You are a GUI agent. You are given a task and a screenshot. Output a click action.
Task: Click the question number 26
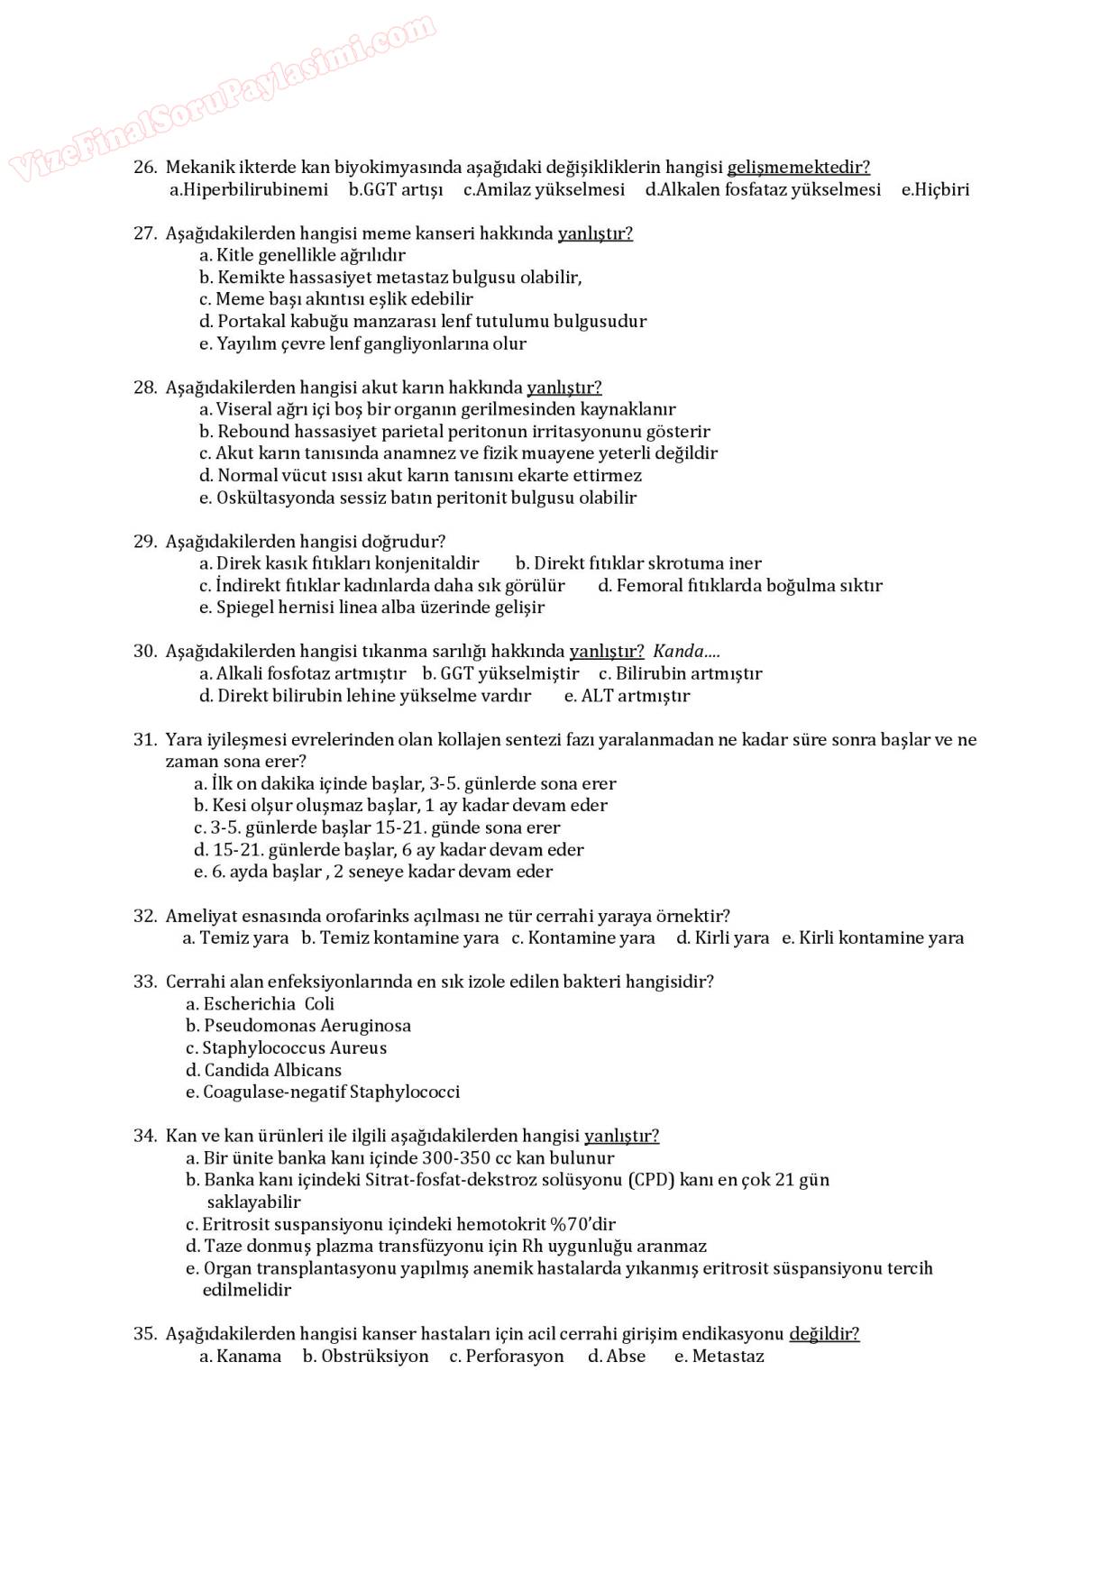pyautogui.click(x=144, y=168)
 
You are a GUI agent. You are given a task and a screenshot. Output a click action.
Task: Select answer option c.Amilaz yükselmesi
pyautogui.click(x=544, y=190)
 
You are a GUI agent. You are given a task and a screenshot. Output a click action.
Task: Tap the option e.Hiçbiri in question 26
pyautogui.click(x=935, y=190)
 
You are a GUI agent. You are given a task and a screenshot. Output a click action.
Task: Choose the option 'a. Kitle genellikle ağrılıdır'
pyautogui.click(x=302, y=255)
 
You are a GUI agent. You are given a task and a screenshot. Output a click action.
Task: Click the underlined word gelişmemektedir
pyautogui.click(x=798, y=168)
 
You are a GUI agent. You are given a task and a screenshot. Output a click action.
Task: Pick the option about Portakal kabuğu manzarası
pyautogui.click(x=423, y=322)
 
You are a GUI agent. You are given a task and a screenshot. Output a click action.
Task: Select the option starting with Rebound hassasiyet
pyautogui.click(x=454, y=432)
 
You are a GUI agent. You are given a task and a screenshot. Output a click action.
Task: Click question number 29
pyautogui.click(x=144, y=542)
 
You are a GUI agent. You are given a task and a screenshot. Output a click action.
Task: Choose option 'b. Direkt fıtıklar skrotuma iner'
pyautogui.click(x=638, y=564)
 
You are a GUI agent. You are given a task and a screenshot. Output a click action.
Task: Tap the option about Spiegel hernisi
pyautogui.click(x=371, y=608)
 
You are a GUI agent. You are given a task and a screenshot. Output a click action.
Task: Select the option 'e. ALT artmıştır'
pyautogui.click(x=627, y=696)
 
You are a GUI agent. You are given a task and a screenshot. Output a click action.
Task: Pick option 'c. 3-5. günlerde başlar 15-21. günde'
pyautogui.click(x=377, y=828)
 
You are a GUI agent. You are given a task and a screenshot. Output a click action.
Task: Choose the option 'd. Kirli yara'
pyautogui.click(x=722, y=938)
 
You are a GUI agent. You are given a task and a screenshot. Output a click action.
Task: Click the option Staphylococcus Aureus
pyautogui.click(x=286, y=1048)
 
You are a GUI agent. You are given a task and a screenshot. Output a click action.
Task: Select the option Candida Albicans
pyautogui.click(x=264, y=1071)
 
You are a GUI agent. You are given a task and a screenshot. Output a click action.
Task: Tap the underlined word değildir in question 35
pyautogui.click(x=824, y=1334)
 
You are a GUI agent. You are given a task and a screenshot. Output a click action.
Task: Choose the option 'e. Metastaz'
pyautogui.click(x=719, y=1357)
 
